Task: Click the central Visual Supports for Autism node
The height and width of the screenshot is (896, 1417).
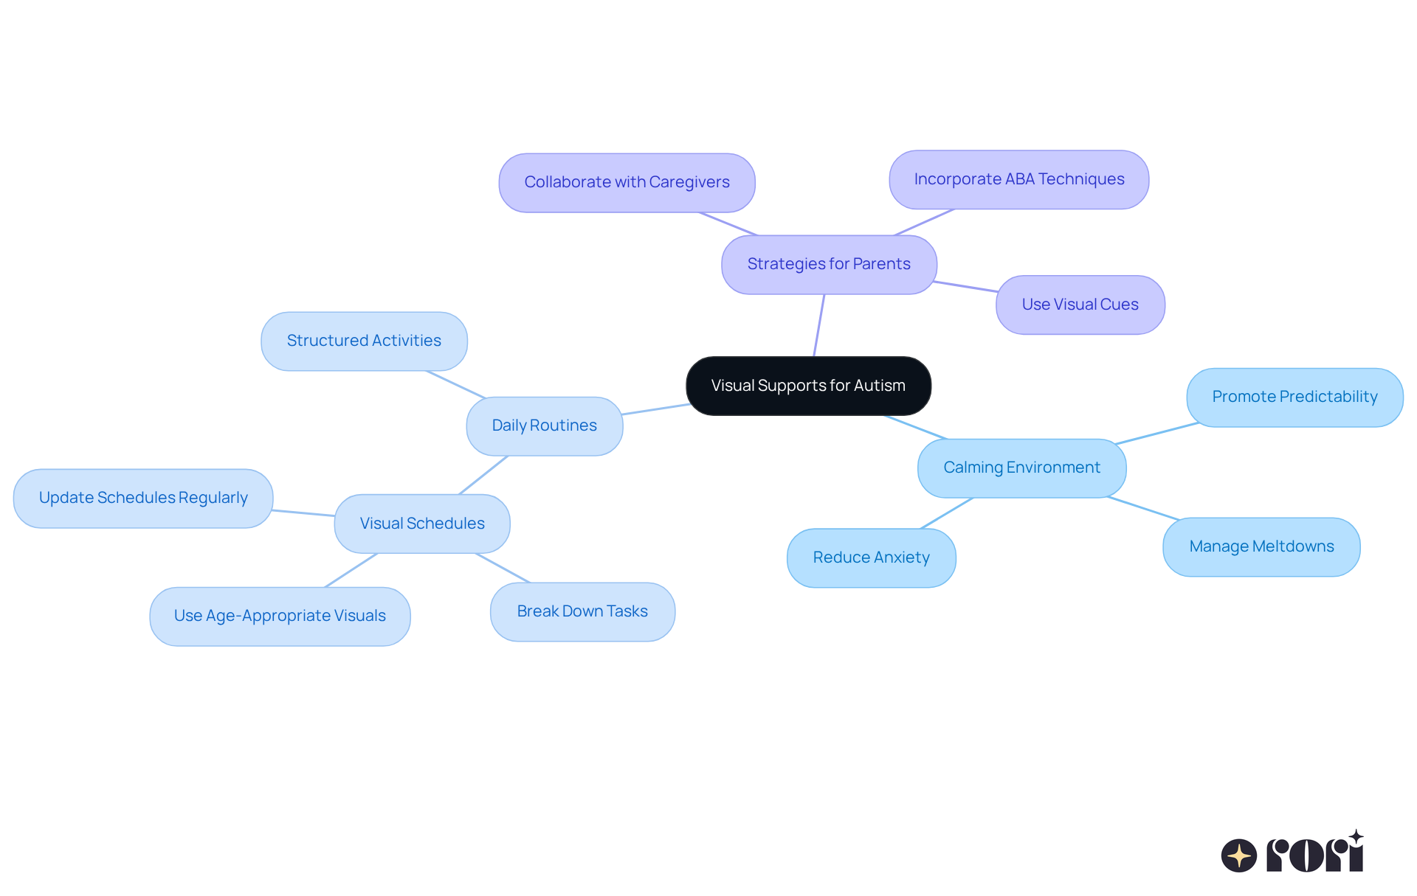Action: pos(808,386)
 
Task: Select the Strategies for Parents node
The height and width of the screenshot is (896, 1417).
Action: pos(829,264)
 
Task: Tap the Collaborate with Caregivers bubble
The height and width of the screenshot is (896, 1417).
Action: pos(627,182)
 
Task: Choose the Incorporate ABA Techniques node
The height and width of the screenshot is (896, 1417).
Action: pos(1018,179)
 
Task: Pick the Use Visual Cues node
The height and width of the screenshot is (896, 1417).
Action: pos(1080,305)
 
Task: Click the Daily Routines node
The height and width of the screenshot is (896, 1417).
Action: pos(544,426)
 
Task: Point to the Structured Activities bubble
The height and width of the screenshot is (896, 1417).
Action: pos(364,341)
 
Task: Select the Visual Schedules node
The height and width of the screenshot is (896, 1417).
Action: pos(421,524)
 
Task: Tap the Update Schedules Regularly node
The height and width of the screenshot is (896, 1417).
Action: pos(143,498)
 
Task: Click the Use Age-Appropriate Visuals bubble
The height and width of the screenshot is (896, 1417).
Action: pos(280,616)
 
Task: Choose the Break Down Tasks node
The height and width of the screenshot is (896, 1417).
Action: pos(582,611)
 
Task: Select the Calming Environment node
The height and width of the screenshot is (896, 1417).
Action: pos(1021,468)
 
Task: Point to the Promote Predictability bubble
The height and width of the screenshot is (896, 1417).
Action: pos(1294,397)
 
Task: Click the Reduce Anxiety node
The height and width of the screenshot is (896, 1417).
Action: pos(871,558)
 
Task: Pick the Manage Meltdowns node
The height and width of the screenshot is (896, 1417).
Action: pos(1261,546)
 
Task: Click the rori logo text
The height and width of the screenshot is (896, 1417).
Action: pos(1314,855)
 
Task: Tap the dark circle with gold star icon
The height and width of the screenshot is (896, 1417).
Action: pos(1238,855)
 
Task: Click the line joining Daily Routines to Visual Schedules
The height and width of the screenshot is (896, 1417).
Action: pos(483,475)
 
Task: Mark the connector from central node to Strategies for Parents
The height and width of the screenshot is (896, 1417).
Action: pos(818,325)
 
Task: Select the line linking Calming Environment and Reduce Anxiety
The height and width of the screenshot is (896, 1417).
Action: pos(947,513)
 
